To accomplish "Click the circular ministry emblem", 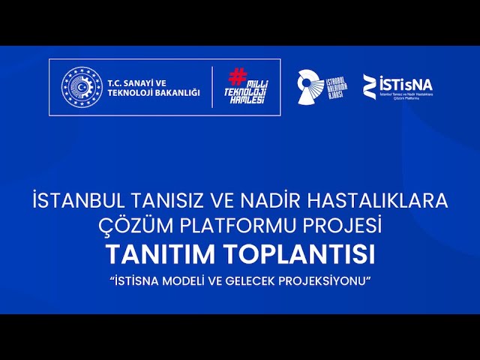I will [81, 87].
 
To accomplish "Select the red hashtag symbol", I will [237, 75].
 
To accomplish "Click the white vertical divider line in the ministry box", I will [212, 87].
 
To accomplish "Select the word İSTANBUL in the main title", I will [79, 201].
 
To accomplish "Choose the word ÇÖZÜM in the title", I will [132, 224].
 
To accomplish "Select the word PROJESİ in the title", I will [346, 224].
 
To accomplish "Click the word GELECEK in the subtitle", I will [254, 281].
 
